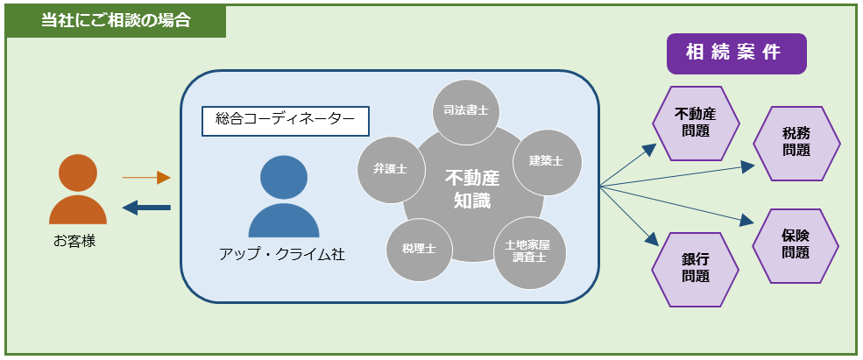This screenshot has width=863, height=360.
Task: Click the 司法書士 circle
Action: [x=465, y=111]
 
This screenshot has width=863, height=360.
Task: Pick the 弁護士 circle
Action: [x=390, y=169]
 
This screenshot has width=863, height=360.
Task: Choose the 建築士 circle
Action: [x=546, y=162]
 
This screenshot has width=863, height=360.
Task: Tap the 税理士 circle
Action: [x=419, y=249]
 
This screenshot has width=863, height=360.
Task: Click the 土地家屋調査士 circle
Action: [x=530, y=252]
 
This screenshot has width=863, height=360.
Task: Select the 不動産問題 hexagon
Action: [x=695, y=123]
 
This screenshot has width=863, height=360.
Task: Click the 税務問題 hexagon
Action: [x=796, y=143]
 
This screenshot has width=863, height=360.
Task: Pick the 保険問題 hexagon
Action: [x=796, y=245]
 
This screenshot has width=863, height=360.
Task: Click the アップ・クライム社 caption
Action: [x=282, y=255]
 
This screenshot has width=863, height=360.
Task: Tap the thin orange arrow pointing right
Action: [x=145, y=178]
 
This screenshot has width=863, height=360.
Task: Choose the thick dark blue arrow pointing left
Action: [x=146, y=208]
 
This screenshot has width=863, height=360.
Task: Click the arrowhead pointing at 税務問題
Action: [x=750, y=165]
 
